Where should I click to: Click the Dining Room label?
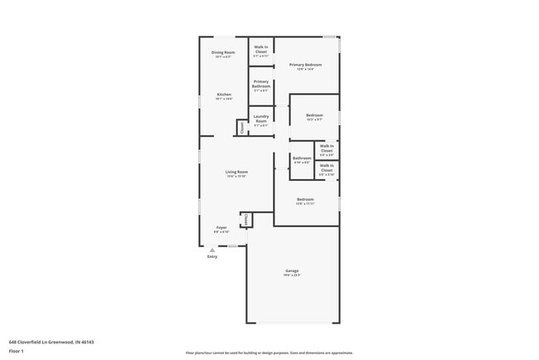point(224,53)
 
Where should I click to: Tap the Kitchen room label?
point(224,95)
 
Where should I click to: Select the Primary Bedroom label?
point(305,65)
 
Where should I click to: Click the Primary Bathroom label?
point(261,84)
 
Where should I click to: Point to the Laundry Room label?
point(260,118)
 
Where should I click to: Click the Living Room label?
point(237,172)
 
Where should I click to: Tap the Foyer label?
point(221,227)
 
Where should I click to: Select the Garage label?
point(292,271)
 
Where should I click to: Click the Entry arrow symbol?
point(212,250)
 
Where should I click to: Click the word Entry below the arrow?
point(212,256)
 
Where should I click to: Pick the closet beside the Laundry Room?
point(242,127)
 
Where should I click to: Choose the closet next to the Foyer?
point(245,220)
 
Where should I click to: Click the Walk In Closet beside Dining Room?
point(261,50)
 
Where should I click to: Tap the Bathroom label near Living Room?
point(302,158)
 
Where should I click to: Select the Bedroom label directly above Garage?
point(305,199)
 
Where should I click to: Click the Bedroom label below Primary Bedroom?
point(314,115)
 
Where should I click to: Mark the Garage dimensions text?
point(292,276)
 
